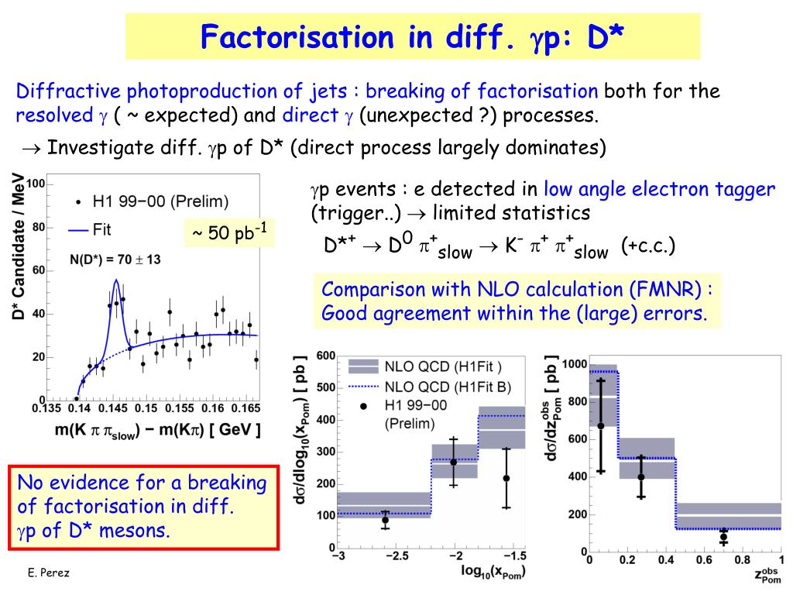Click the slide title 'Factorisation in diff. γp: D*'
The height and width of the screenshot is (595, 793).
[x=413, y=36]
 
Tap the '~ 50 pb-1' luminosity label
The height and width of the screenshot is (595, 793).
[x=229, y=232]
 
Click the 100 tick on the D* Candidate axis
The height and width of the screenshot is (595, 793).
[x=37, y=184]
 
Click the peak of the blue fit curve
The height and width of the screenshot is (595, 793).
[x=115, y=280]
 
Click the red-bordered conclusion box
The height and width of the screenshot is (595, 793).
[x=142, y=507]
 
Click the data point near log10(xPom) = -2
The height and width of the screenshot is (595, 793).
[x=454, y=462]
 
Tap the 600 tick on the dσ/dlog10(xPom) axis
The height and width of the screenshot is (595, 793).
[x=325, y=356]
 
